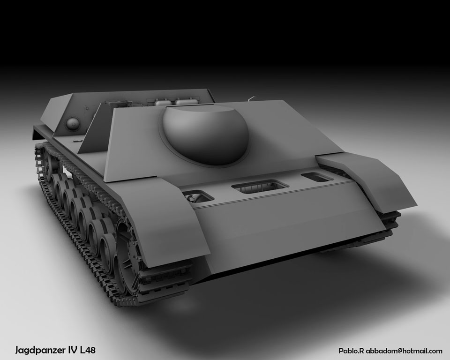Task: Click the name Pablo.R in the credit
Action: coord(351,351)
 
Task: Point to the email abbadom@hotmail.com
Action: coord(404,351)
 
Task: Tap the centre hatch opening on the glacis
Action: coord(260,186)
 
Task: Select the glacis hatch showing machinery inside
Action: coord(198,197)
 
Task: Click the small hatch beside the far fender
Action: coord(317,177)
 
